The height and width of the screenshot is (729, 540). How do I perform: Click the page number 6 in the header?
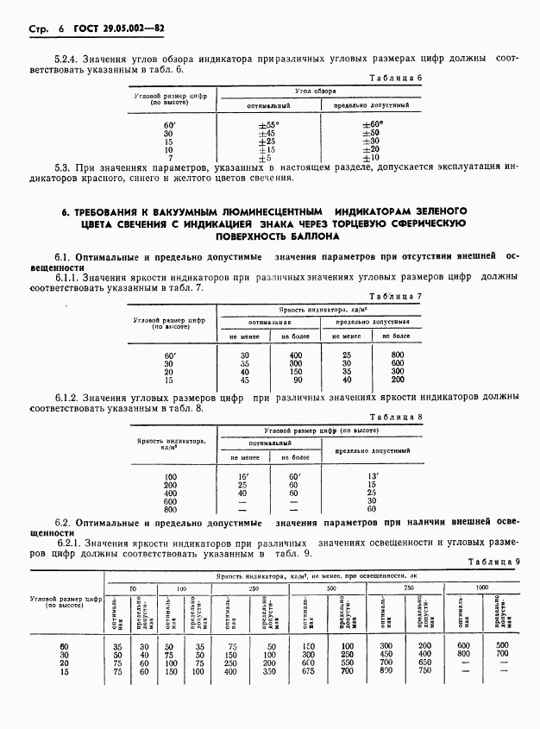click(x=61, y=29)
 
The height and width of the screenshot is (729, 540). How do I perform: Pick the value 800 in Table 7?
click(x=397, y=355)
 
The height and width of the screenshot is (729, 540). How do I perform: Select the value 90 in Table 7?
click(x=297, y=380)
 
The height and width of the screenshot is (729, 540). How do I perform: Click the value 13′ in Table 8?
click(x=372, y=476)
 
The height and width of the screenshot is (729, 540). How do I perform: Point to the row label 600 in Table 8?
click(x=169, y=500)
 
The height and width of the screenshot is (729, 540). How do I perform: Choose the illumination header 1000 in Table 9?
click(x=480, y=588)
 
